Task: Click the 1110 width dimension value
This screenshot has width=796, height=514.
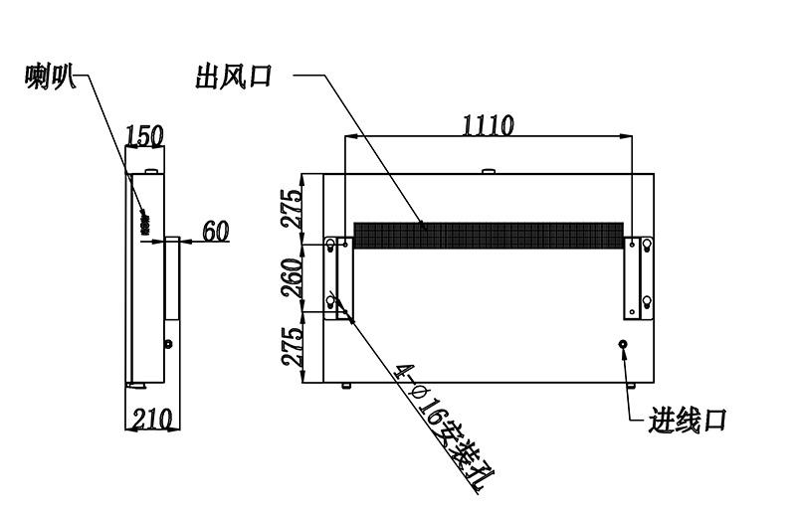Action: pos(488,125)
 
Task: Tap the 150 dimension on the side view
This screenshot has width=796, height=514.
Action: pos(144,136)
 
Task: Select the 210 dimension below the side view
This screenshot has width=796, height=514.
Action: pos(152,420)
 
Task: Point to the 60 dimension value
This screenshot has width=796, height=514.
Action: pos(216,231)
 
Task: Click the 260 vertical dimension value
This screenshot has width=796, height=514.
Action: pos(293,277)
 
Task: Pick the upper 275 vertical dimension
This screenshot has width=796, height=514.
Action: pos(293,209)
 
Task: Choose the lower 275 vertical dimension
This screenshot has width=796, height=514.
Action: pos(293,347)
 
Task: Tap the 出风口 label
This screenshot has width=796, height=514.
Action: pos(234,77)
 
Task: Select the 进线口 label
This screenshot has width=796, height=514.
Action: pos(687,421)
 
